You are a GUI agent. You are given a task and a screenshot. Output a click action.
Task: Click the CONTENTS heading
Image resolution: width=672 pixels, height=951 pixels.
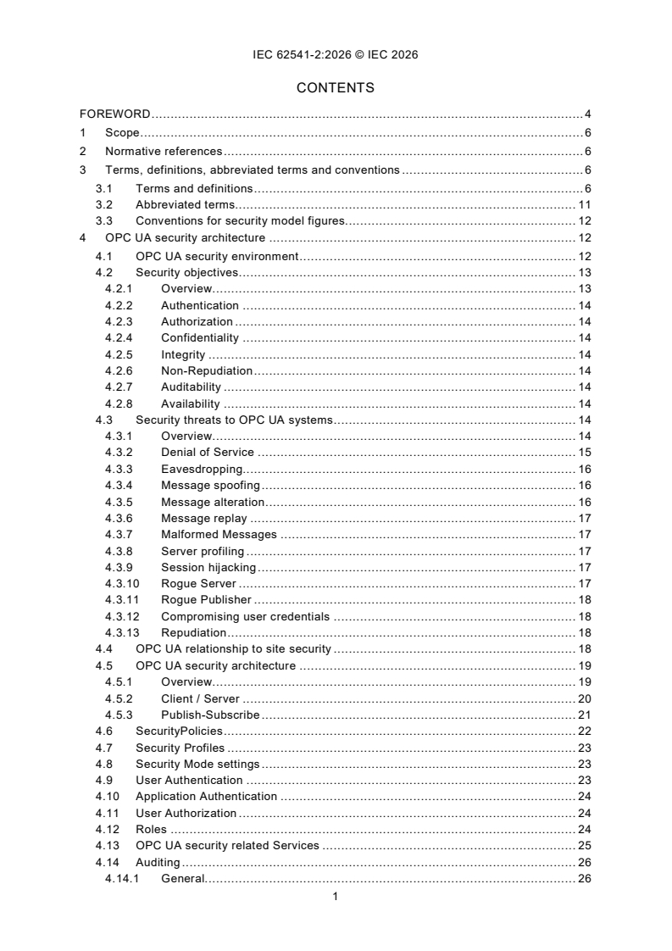tap(336, 87)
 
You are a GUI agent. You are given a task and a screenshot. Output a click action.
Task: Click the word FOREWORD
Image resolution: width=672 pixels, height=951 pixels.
tap(115, 114)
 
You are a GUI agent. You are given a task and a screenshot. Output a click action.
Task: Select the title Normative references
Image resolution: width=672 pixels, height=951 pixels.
tap(163, 152)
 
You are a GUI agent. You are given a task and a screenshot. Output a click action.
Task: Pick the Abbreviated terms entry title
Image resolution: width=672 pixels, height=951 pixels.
tap(185, 204)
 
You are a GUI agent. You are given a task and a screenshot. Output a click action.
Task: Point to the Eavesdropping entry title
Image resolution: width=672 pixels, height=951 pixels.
tap(202, 469)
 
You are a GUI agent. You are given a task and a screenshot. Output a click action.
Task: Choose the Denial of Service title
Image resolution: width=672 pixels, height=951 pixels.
tap(207, 452)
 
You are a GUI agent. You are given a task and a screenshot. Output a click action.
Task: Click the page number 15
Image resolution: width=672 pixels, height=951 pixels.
tap(585, 452)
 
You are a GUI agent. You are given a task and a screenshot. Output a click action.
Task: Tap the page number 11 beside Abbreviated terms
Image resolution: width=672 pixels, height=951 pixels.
tap(585, 204)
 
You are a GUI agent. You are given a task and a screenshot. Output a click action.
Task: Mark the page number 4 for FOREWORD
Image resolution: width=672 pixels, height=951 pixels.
tap(587, 114)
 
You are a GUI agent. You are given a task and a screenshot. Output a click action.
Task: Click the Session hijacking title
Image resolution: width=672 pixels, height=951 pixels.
tap(208, 567)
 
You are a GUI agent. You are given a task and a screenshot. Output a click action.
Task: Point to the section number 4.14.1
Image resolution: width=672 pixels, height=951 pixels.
tap(123, 879)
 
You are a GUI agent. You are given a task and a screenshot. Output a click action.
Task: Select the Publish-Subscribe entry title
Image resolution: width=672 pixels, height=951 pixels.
tap(210, 715)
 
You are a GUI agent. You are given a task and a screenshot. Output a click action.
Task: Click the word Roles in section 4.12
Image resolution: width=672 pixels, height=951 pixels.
tap(151, 830)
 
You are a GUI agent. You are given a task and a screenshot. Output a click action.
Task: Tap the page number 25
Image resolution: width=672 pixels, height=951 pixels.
tap(585, 846)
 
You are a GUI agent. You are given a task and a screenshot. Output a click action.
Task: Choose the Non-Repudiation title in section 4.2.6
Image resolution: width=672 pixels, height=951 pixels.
tap(207, 370)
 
